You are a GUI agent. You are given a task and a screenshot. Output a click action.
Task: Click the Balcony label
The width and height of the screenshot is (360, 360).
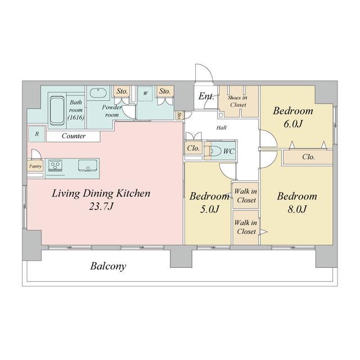coord(108,266)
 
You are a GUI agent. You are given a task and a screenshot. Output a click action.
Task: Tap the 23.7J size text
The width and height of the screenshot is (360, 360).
coord(101,206)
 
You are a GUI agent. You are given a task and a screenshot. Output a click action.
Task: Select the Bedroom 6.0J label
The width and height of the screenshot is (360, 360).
coord(293,117)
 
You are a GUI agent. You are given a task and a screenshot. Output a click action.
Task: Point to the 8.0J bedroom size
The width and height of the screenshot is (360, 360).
coord(297,209)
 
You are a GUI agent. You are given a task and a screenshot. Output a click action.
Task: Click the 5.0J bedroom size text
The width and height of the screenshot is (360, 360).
coord(210,209)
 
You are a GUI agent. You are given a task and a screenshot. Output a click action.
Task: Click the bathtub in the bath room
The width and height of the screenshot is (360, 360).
coord(57,111)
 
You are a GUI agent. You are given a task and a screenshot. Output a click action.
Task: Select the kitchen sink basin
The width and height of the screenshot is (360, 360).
coord(88,165)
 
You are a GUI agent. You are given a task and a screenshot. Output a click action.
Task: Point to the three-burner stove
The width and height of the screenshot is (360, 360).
coord(55,165)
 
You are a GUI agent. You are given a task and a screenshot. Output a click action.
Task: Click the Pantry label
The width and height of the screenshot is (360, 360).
coord(35,166)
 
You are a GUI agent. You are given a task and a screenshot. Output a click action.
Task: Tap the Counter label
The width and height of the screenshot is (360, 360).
coord(74,136)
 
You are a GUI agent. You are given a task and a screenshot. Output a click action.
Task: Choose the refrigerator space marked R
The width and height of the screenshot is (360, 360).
coord(37,134)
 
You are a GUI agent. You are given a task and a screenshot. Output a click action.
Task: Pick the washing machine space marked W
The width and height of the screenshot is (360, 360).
coord(145,93)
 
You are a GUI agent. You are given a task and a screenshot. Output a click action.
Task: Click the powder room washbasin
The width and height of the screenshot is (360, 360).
coord(98,93)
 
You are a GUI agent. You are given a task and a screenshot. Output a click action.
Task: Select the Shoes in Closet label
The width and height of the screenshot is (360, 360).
coord(238,101)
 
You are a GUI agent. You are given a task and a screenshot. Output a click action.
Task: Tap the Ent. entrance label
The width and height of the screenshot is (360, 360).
coord(206,96)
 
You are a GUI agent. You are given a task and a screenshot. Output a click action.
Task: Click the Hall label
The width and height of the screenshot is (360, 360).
coord(221,128)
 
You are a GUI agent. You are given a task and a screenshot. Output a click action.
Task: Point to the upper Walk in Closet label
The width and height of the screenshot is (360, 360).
coord(246,196)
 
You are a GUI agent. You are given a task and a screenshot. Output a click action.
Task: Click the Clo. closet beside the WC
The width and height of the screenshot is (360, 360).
coord(193,148)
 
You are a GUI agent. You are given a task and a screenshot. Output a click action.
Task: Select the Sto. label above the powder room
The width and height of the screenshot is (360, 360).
coord(121,91)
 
